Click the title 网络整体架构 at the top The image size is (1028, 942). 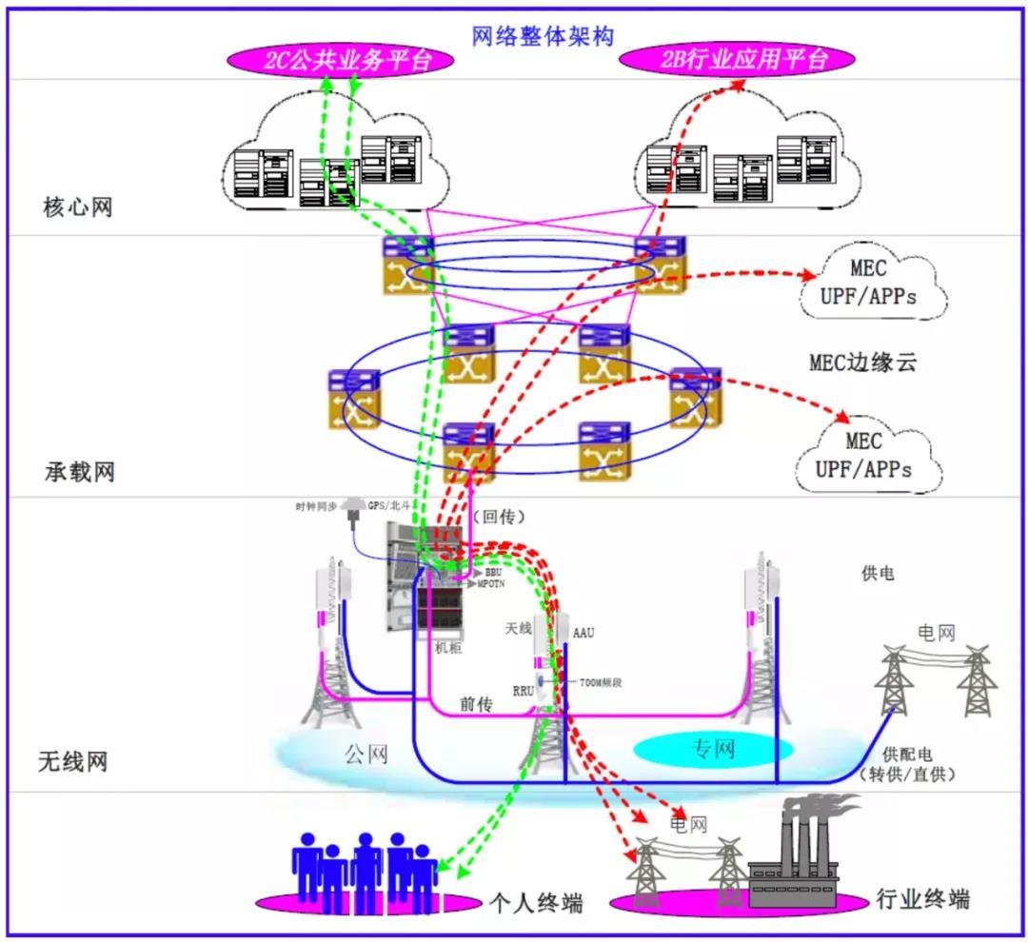543,36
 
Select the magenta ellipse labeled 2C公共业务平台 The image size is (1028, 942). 340,61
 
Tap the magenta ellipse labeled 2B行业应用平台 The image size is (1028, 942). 738,61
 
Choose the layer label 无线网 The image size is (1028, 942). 72,761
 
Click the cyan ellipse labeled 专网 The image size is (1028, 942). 712,749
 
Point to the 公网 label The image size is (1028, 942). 366,755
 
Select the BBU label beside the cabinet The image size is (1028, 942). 493,574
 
